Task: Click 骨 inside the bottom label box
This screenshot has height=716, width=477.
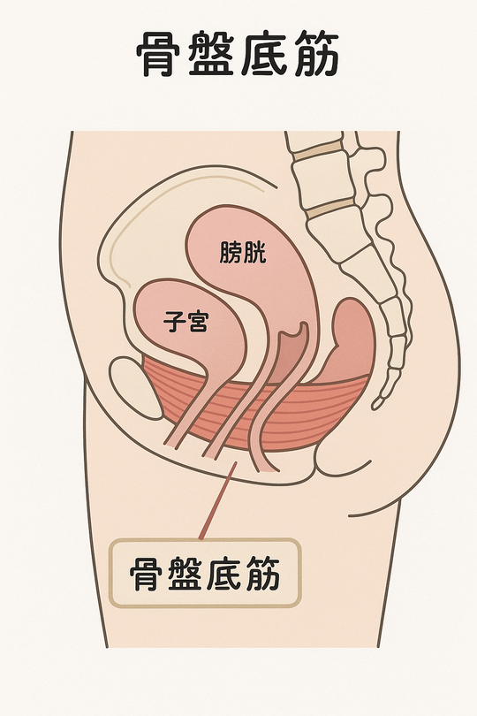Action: (x=146, y=573)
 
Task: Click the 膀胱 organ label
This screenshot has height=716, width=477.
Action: (x=242, y=253)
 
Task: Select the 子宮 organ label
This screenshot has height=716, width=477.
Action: (x=185, y=321)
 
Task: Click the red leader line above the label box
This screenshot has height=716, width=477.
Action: (x=218, y=500)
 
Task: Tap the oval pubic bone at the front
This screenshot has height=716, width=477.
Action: (x=136, y=388)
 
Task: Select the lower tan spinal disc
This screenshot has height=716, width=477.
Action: (x=330, y=209)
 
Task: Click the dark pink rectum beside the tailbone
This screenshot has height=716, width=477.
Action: (x=351, y=340)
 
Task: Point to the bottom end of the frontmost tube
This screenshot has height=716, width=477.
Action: (x=170, y=443)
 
